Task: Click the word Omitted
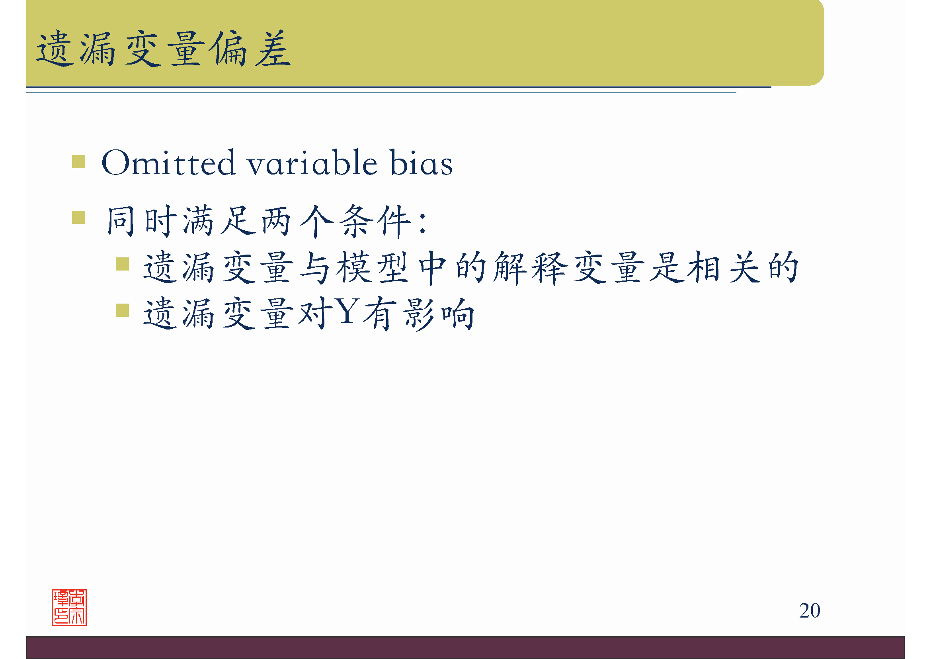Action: pos(168,163)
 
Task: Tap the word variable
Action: pos(312,163)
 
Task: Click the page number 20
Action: pos(809,610)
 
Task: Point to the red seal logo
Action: pos(69,607)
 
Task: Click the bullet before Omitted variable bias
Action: pos(78,161)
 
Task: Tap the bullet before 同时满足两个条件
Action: pos(78,217)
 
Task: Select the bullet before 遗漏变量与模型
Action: pos(122,264)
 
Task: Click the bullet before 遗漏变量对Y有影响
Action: pos(122,310)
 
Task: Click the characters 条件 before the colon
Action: pos(375,221)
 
